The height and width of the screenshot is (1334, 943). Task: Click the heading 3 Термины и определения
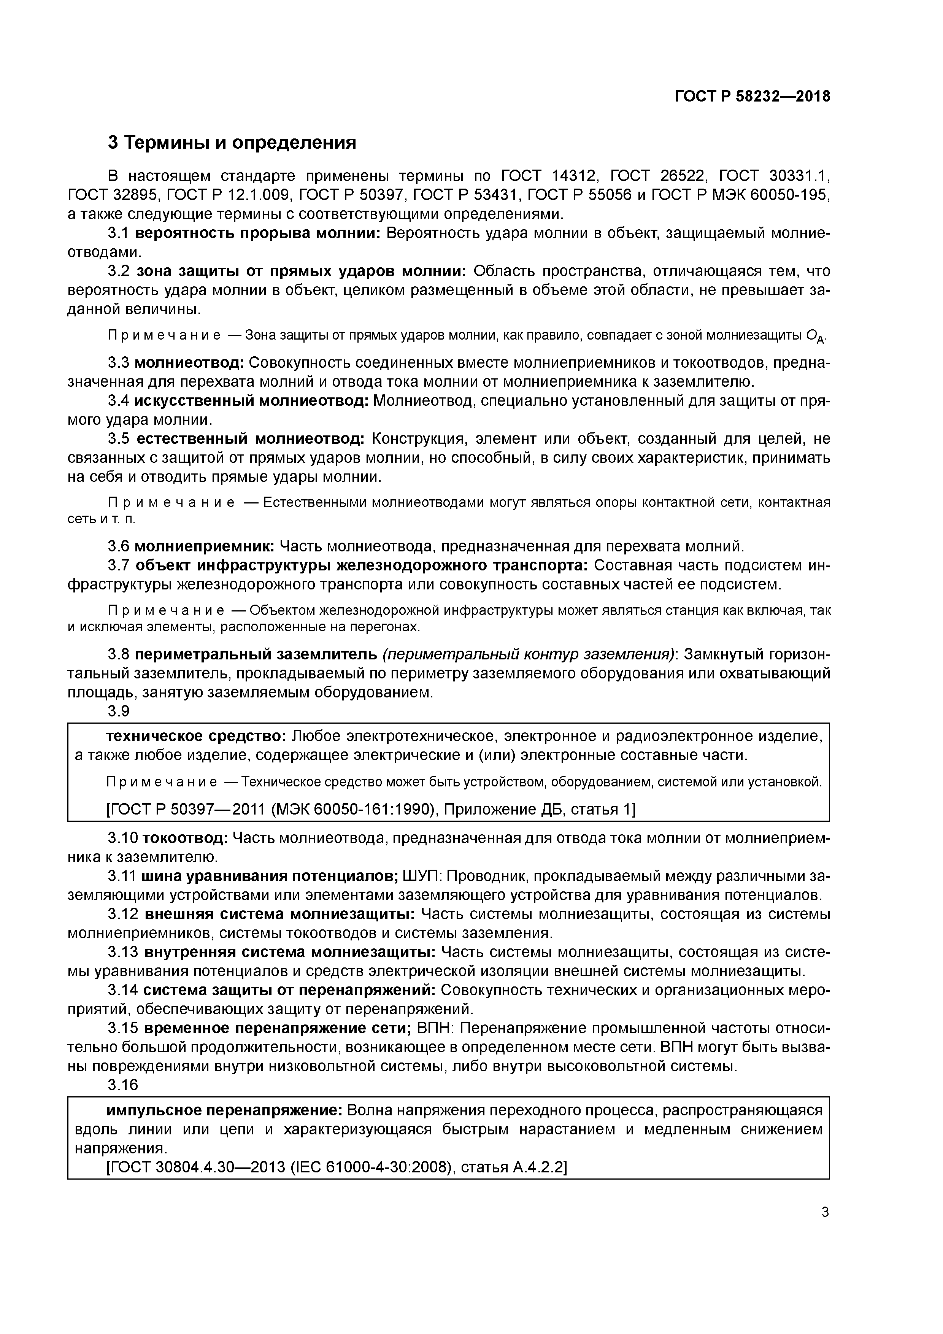[x=232, y=142]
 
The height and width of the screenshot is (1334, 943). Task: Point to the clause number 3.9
[x=119, y=711]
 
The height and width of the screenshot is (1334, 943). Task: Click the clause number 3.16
[x=122, y=1085]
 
